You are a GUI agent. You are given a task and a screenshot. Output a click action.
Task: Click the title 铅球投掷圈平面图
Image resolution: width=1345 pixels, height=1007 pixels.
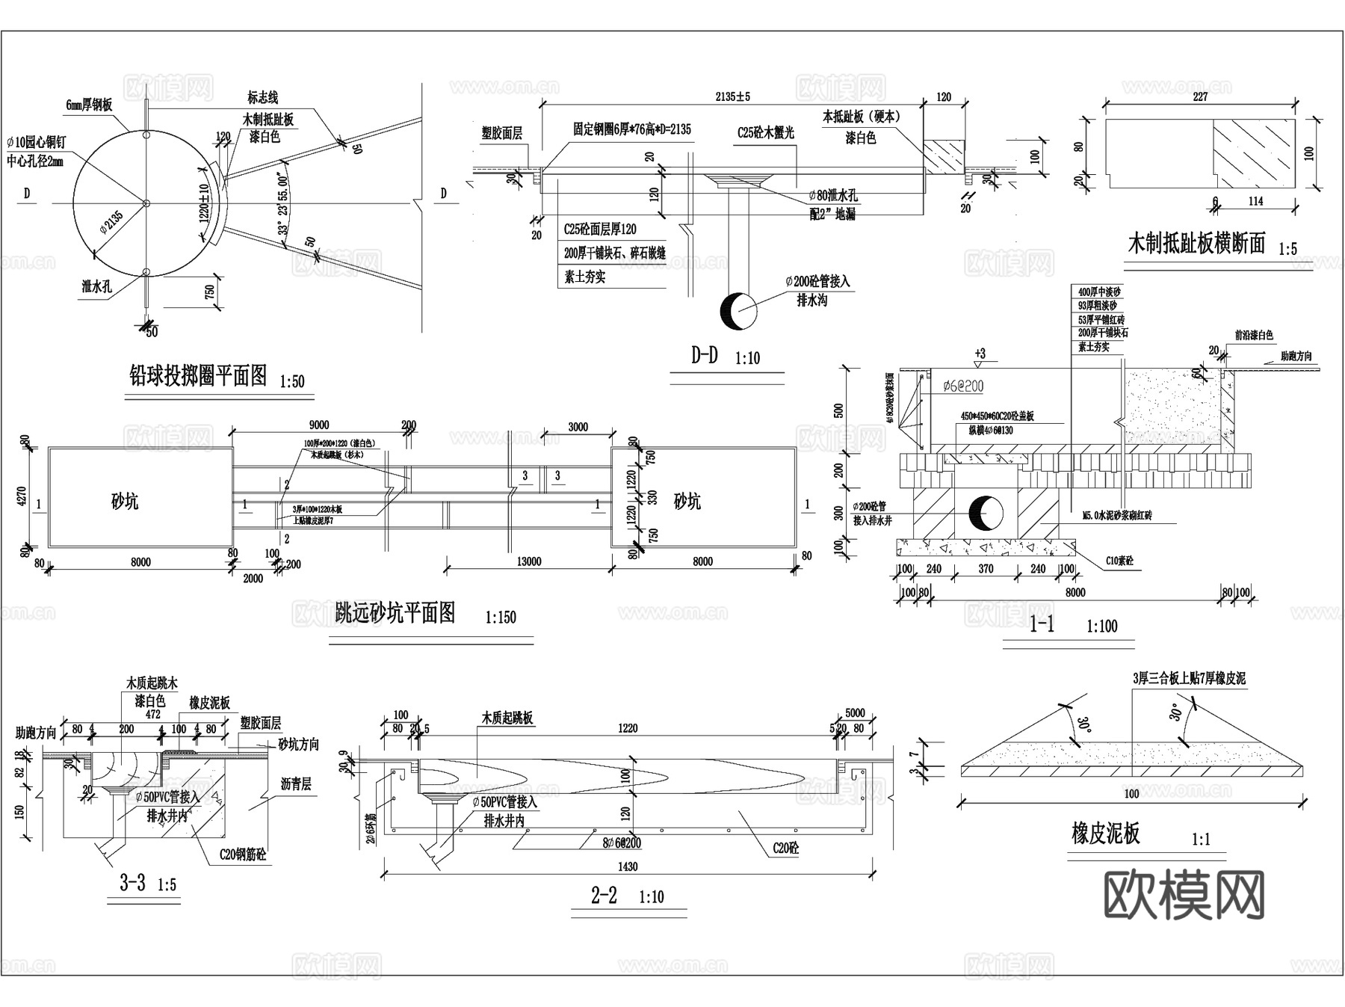point(198,375)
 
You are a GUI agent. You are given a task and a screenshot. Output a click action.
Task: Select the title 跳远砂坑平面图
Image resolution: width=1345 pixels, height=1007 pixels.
point(395,613)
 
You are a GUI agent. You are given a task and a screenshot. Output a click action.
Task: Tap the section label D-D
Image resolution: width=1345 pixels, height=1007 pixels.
point(704,355)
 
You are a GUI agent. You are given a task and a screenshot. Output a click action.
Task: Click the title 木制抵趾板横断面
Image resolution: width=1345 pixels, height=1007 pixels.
point(1196,243)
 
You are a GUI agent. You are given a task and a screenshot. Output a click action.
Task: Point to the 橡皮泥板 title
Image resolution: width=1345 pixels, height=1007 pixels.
point(1105,833)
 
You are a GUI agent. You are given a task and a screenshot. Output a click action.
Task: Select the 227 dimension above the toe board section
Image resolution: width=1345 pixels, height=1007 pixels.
point(1200,96)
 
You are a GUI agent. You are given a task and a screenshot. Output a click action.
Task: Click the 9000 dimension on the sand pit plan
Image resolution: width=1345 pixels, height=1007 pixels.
point(318,425)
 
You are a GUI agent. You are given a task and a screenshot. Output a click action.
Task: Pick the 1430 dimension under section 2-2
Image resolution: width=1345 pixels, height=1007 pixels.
point(628,866)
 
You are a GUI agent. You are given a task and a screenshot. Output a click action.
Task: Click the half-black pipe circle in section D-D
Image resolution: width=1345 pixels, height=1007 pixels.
point(738,311)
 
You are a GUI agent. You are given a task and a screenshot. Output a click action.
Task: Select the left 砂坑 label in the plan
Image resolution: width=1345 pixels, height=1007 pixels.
point(125,502)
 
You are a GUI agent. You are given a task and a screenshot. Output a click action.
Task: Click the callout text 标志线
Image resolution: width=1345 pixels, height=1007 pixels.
point(263,97)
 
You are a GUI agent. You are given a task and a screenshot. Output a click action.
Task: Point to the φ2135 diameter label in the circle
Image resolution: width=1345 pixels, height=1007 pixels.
point(112,221)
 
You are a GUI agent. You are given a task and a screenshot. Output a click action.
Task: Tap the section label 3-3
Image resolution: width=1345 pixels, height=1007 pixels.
point(132,883)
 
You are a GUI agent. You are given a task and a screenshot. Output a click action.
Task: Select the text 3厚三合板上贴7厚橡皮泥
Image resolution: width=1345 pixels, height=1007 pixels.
point(1189,679)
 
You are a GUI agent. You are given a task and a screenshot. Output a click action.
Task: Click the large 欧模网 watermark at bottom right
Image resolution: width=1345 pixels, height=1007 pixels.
point(1184,895)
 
